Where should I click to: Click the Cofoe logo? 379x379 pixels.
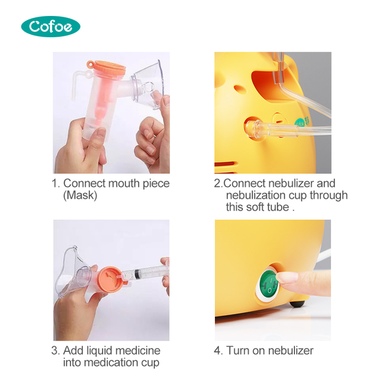pos(50,26)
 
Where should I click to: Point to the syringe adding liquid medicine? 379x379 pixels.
pos(145,274)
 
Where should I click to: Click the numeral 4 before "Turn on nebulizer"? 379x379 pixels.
pos(217,351)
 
